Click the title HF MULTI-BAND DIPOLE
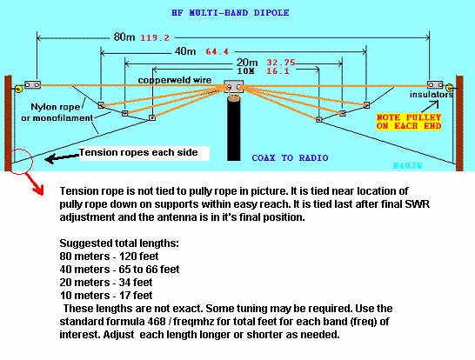coord(231,13)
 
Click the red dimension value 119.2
coord(155,38)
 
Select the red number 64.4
coord(217,51)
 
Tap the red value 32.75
coord(281,63)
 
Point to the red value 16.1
coord(278,71)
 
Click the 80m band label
coord(124,37)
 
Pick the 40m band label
coord(185,51)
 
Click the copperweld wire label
coord(175,80)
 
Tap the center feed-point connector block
coord(233,87)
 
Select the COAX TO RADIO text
coord(290,157)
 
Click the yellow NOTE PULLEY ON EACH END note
coord(409,122)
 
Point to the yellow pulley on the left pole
coord(18,89)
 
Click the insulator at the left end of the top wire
coord(32,84)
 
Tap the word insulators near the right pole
coord(432,95)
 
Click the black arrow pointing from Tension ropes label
coord(62,157)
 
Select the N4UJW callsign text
coord(407,165)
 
